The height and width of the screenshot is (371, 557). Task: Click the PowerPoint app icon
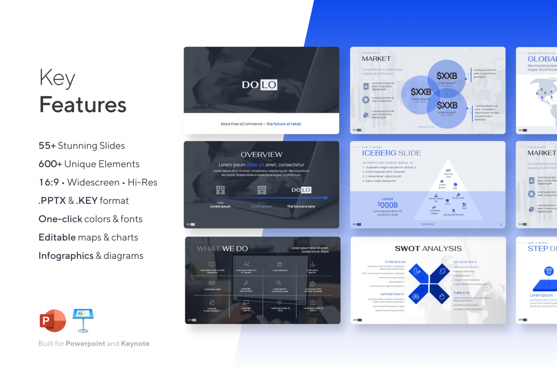[53, 321]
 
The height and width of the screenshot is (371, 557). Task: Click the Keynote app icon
[83, 320]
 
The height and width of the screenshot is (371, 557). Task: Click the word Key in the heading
[57, 78]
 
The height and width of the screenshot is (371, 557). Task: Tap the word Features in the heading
[83, 105]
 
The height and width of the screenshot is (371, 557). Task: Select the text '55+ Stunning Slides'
[82, 146]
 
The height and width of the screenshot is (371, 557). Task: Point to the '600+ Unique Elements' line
[89, 164]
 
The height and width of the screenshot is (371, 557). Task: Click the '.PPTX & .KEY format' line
[83, 201]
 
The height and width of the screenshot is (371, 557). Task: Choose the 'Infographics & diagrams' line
[91, 256]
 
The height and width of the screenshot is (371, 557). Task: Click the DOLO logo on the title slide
[260, 85]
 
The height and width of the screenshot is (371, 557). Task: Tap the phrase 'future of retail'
[287, 124]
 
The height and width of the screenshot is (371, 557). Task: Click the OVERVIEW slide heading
[261, 155]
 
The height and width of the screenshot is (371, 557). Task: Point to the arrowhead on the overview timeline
[326, 198]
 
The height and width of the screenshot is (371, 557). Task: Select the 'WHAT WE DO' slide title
[222, 249]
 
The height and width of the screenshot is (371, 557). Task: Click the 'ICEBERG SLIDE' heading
[391, 153]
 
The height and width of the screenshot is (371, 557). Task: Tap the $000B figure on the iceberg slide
[387, 205]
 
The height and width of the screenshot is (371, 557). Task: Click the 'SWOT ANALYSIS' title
[428, 249]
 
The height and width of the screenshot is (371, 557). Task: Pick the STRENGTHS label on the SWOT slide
[395, 262]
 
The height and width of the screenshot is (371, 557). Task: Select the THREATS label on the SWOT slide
[461, 293]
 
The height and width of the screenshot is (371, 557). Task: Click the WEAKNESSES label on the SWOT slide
[465, 262]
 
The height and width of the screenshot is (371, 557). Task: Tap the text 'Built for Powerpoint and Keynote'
[94, 343]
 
